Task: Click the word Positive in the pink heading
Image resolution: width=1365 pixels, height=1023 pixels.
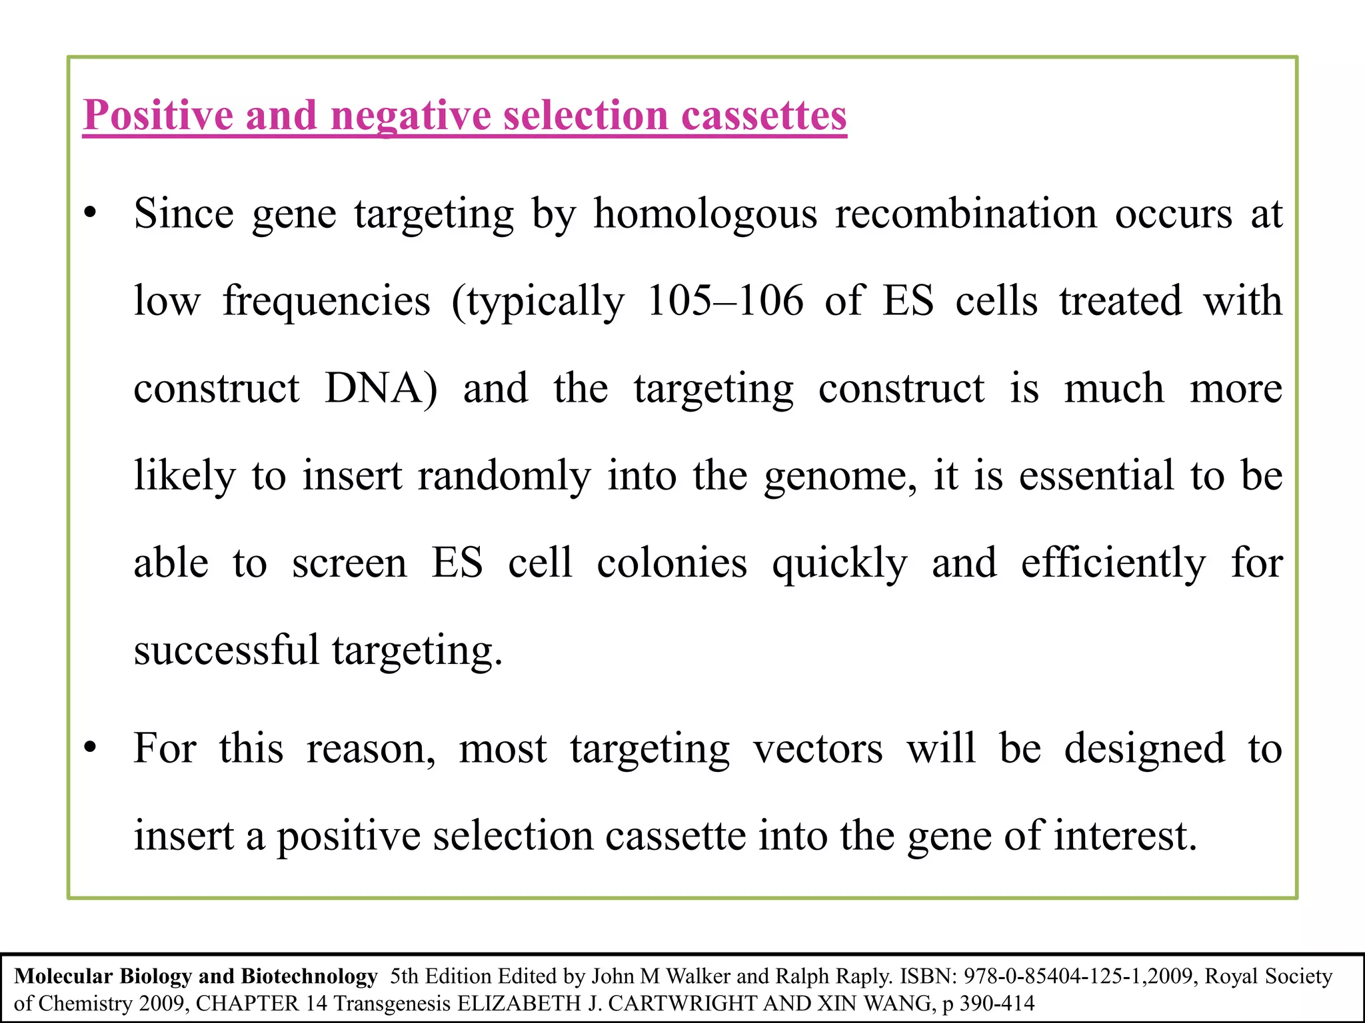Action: click(x=158, y=116)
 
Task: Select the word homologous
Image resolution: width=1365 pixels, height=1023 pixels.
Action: click(x=705, y=214)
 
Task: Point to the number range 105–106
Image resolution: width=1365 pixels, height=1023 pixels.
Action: click(x=725, y=301)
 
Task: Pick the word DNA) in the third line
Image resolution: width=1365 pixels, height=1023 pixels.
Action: click(x=381, y=388)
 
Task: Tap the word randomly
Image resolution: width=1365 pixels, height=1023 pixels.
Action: click(x=504, y=476)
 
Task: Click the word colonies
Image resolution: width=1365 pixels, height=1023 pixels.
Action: click(x=672, y=563)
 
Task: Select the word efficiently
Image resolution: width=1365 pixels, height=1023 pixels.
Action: click(x=1113, y=563)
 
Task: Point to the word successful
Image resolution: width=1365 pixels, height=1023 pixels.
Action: click(x=227, y=650)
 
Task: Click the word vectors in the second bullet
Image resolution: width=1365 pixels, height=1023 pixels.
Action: click(x=818, y=749)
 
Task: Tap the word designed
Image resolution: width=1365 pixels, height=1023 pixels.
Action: click(x=1144, y=749)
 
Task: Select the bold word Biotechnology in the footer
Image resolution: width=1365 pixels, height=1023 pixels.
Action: click(x=309, y=976)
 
